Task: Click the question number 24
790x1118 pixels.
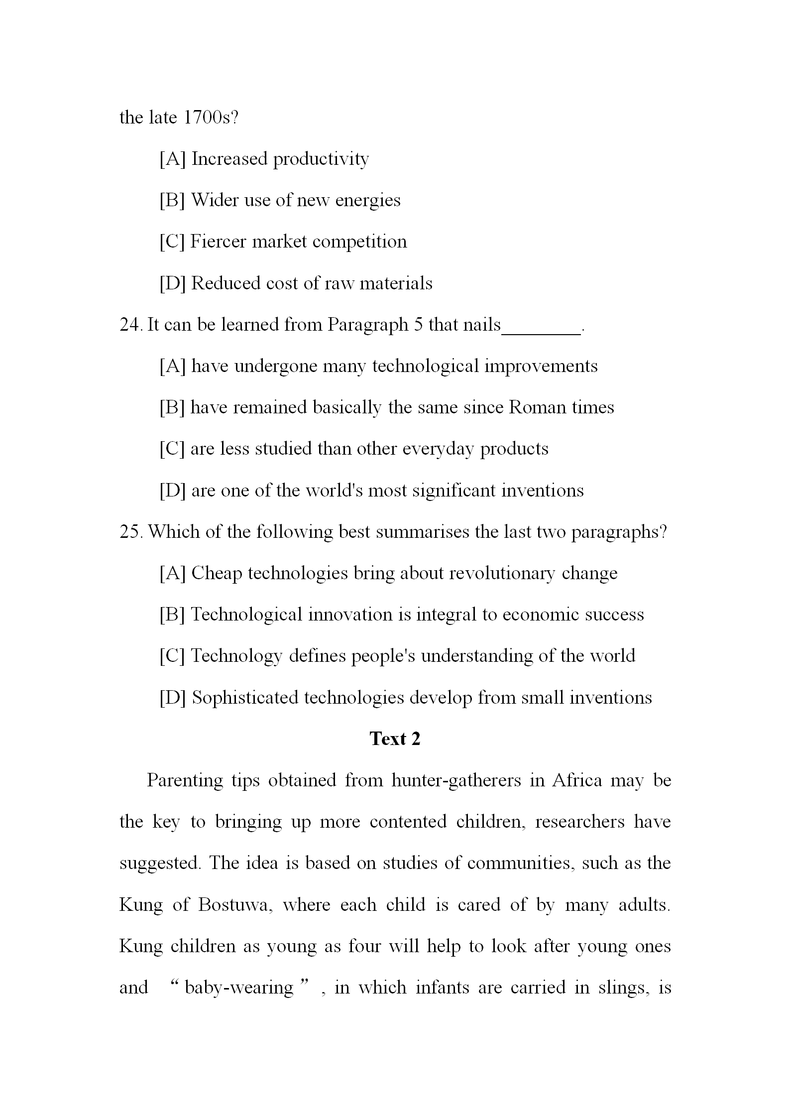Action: point(131,325)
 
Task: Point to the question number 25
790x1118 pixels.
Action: point(131,532)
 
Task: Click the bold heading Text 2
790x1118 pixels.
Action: point(395,739)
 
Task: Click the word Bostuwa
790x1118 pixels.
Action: point(234,905)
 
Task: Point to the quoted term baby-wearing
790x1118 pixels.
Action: point(239,988)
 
